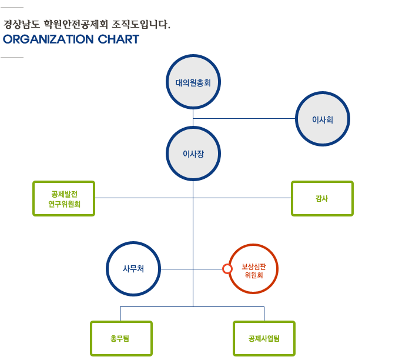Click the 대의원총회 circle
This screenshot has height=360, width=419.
[193, 82]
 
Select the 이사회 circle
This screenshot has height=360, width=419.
[323, 119]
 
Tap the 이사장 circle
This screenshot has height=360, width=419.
[193, 154]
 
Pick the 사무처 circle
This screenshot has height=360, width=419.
[133, 269]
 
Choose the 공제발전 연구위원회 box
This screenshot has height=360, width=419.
[64, 198]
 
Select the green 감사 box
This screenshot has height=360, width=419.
[322, 198]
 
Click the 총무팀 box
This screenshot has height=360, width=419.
[121, 338]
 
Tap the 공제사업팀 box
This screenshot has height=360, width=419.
[264, 338]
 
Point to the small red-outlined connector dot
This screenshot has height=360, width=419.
[227, 269]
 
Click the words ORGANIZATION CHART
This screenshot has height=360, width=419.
[71, 39]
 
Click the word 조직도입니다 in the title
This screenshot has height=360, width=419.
[141, 25]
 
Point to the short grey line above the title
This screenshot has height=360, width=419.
[12, 7]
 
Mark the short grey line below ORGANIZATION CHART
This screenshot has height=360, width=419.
[12, 58]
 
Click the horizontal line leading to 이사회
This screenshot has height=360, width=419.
[247, 119]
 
